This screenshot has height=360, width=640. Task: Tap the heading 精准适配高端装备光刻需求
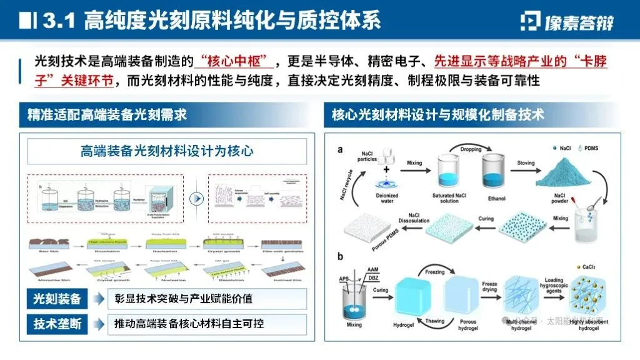(107, 115)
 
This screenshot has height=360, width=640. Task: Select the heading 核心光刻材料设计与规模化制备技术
(437, 115)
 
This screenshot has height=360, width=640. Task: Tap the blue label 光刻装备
(57, 299)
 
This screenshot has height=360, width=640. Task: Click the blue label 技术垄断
(57, 324)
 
